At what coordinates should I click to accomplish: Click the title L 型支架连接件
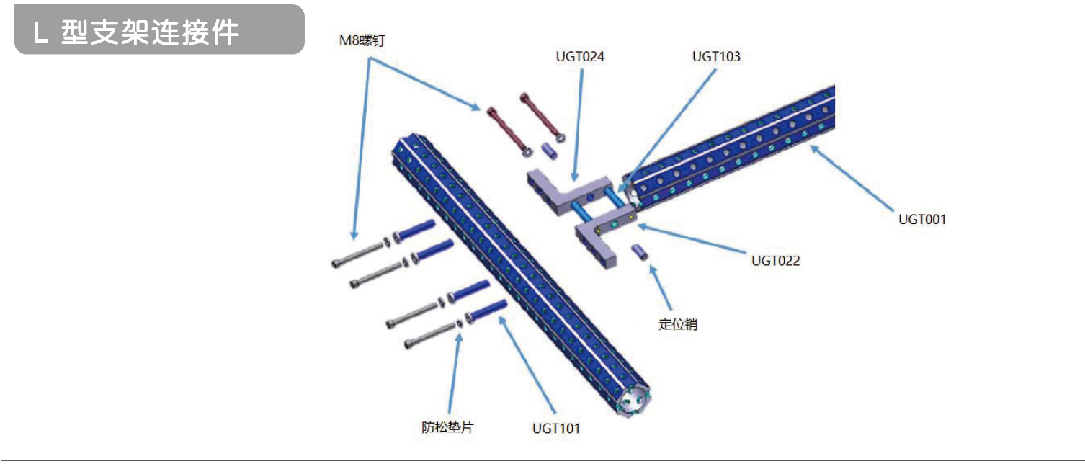click(136, 32)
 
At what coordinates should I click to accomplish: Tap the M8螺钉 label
click(364, 41)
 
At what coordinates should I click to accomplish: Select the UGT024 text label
click(580, 56)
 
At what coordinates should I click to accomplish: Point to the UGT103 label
click(716, 56)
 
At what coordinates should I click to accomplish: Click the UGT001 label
click(921, 219)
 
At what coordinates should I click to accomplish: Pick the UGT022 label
click(776, 261)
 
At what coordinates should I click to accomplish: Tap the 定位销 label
click(678, 324)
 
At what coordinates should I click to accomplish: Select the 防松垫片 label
click(447, 427)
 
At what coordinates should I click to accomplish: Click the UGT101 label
click(556, 429)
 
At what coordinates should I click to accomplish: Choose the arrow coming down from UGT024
click(579, 122)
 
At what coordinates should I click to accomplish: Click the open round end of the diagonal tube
click(633, 400)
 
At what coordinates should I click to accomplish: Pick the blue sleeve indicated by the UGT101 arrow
click(487, 311)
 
